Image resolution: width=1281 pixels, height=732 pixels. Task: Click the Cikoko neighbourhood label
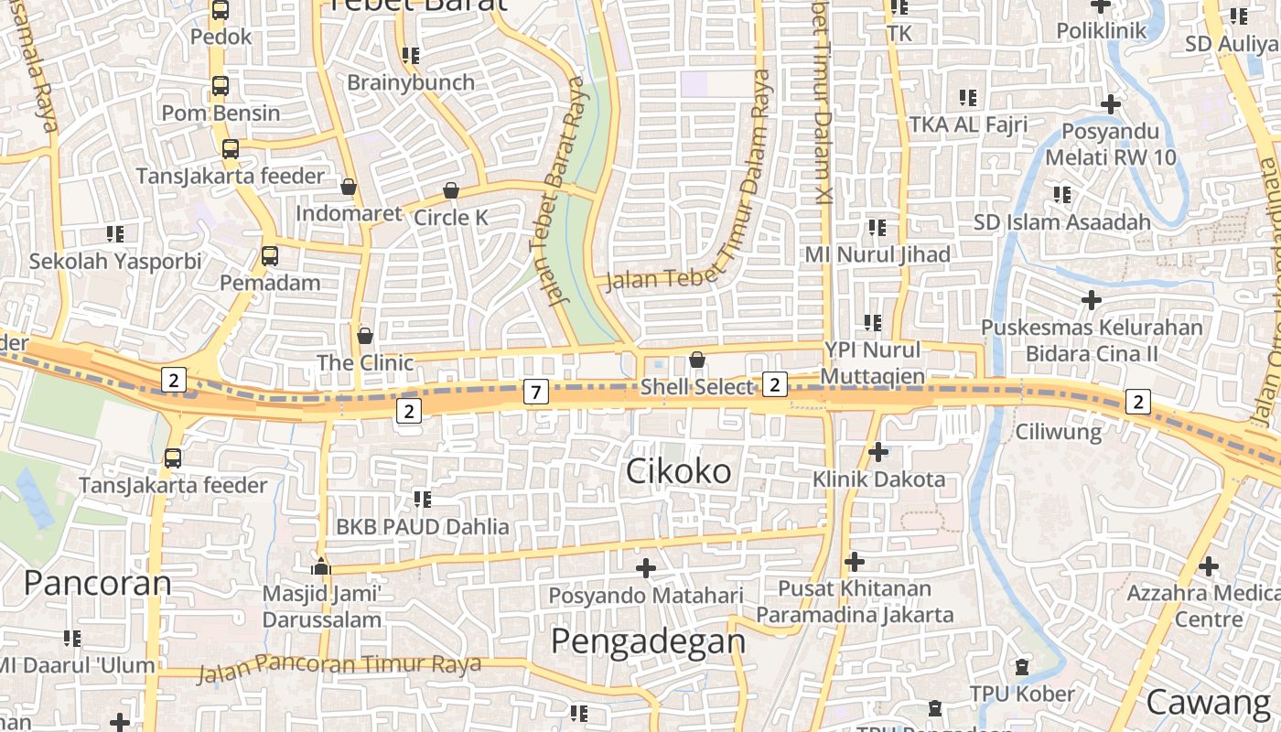678,471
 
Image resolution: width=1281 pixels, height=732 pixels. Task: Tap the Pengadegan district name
649,640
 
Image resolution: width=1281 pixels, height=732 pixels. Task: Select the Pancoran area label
97,583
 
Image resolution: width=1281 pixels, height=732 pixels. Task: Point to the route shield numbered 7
536,393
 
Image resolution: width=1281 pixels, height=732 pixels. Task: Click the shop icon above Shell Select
697,360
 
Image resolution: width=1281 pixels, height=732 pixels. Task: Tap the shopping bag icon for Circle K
451,190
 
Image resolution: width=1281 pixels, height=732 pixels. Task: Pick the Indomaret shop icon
348,187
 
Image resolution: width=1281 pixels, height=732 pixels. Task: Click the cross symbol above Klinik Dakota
878,451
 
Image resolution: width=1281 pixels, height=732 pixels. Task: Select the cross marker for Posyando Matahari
646,568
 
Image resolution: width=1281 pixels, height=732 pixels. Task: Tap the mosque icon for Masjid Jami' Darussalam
321,566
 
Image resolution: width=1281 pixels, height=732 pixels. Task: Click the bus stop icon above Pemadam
270,256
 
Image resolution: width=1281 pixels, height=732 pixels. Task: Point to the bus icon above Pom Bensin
221,86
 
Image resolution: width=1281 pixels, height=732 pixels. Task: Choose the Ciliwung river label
1059,431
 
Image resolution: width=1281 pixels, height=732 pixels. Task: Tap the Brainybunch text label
411,82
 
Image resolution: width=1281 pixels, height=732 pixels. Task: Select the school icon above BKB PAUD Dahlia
422,499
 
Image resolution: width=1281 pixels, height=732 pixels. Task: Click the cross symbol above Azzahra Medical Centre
1209,566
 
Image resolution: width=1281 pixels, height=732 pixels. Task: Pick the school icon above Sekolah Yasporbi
115,233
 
